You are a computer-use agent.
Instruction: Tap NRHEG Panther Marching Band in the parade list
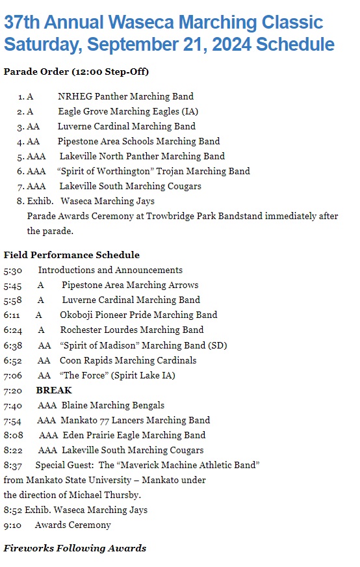125,97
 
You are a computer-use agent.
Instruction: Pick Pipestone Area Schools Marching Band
138,141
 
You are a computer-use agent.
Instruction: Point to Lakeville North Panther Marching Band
142,156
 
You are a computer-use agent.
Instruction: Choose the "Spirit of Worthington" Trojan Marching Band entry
153,171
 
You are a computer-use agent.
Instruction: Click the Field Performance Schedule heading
71,255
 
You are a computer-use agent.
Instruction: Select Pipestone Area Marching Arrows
130,285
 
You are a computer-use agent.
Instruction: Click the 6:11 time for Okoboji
12,315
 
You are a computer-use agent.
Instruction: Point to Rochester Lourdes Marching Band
132,330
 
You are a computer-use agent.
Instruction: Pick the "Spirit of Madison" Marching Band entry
143,345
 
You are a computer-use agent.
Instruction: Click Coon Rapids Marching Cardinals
128,360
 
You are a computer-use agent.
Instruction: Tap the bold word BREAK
54,390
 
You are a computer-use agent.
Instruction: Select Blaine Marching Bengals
113,405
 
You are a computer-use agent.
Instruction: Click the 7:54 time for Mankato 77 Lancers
12,420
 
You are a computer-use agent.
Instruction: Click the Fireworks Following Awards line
75,548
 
